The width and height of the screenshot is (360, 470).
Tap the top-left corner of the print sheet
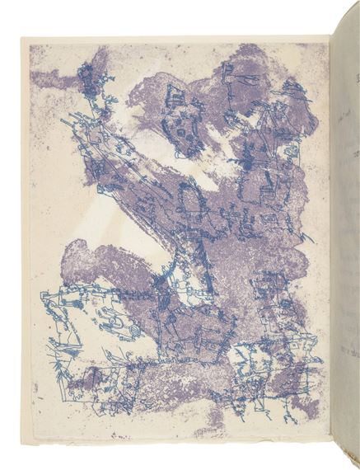[22, 38]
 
